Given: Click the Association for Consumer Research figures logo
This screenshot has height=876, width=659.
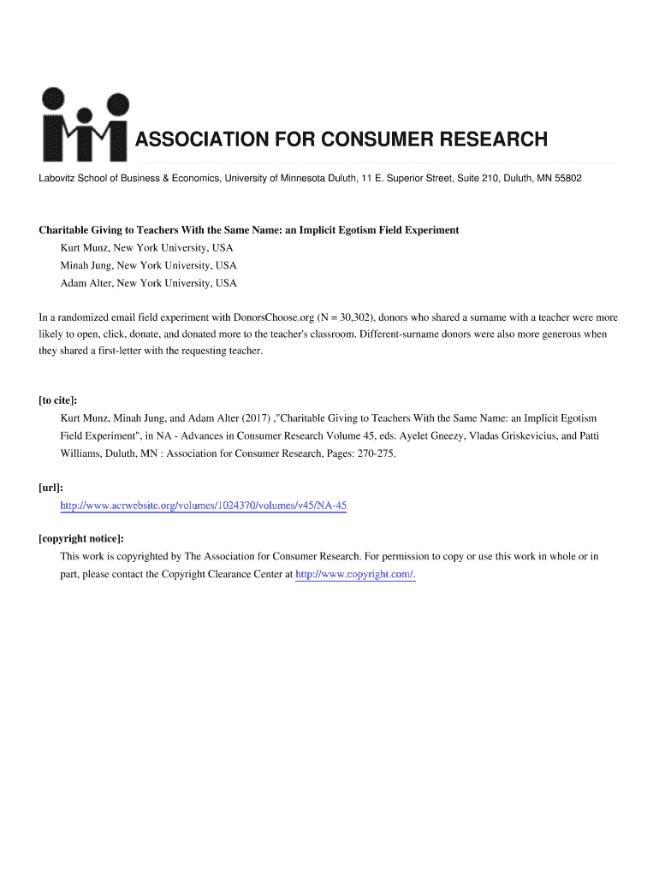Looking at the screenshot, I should [x=84, y=124].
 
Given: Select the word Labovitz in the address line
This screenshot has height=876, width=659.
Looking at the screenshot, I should [x=57, y=178].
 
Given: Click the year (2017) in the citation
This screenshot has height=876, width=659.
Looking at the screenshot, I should [x=253, y=418].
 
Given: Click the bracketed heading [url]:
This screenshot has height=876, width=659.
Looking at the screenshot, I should [x=51, y=488].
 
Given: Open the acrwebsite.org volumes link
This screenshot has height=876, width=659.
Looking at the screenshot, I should [x=203, y=506].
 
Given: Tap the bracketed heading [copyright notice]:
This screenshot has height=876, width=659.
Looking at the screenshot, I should [x=81, y=538].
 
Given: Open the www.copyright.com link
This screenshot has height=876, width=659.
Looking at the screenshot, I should [x=354, y=574].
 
